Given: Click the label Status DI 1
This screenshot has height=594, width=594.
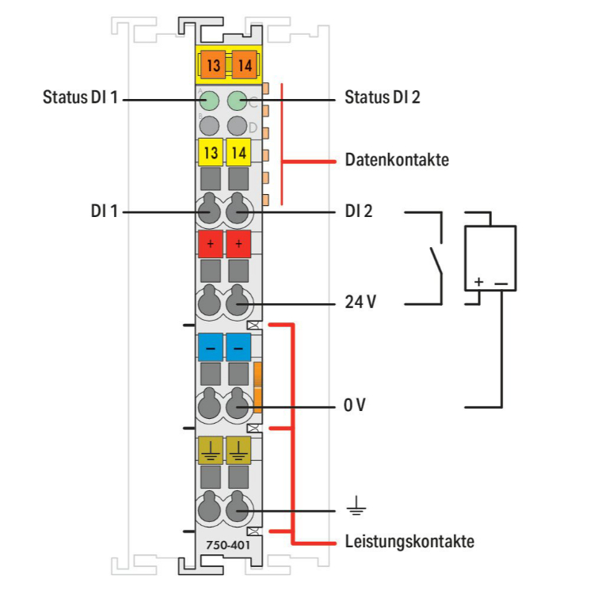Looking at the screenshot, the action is click(80, 97).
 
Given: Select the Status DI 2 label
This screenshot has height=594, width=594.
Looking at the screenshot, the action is click(383, 97).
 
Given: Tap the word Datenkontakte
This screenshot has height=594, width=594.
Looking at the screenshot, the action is click(397, 159).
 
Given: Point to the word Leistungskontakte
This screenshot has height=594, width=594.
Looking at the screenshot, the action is click(409, 542).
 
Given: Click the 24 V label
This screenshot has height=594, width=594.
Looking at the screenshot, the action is click(360, 302).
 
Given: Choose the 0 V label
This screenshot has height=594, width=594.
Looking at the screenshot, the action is click(355, 405).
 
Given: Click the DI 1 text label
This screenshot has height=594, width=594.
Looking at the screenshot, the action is click(105, 211).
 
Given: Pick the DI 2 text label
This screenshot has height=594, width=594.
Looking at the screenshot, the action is click(358, 211).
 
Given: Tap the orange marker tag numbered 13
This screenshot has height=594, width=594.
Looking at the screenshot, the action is click(213, 65).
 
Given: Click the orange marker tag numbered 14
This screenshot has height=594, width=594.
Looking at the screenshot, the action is click(245, 65).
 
